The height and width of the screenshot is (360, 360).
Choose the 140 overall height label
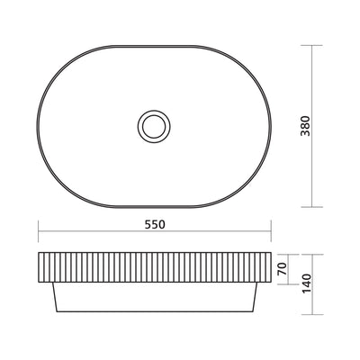coord(307,285)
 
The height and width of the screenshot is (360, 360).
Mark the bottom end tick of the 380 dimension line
coord(315,205)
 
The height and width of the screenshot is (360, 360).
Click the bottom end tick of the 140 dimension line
coord(316,317)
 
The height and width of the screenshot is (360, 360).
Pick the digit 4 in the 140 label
coord(307,285)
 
